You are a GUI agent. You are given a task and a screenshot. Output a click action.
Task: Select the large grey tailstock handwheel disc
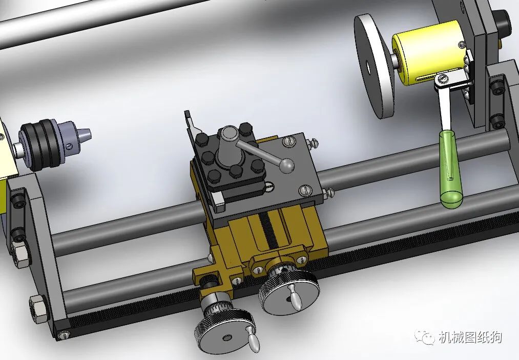tap(375, 66)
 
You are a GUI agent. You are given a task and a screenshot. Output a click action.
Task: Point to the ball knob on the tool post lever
tap(286, 165)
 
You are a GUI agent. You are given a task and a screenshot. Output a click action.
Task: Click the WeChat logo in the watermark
tap(424, 337)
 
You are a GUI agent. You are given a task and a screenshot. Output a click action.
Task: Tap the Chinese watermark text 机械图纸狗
tap(470, 337)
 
